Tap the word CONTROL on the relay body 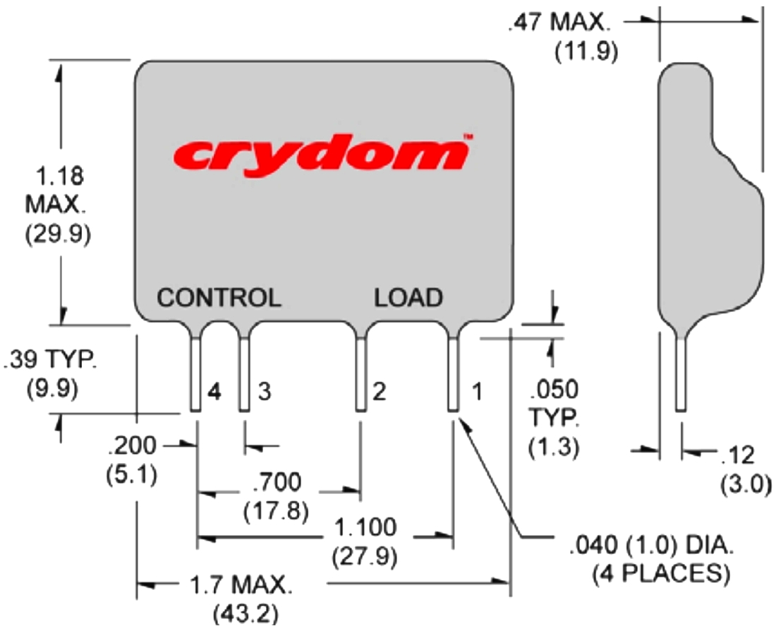(219, 297)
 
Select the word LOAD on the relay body (408, 297)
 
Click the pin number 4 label (214, 393)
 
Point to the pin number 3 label (263, 393)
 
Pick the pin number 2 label (379, 393)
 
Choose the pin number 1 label (477, 393)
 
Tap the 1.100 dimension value (365, 527)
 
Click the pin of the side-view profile (681, 374)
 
